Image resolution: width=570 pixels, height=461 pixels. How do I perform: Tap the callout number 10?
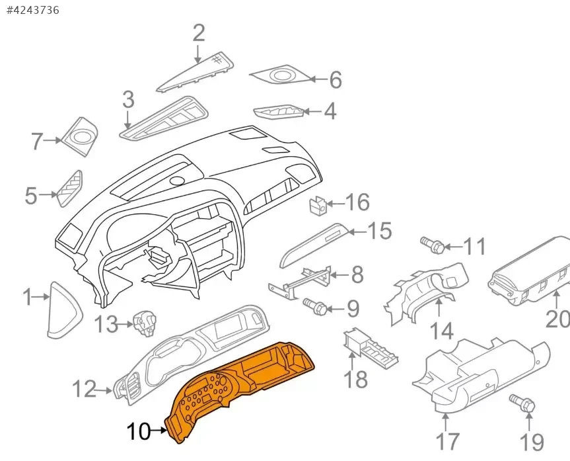coord(139,433)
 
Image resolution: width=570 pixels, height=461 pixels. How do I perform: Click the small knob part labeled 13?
coord(145,323)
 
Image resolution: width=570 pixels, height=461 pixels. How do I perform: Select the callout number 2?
coord(199,33)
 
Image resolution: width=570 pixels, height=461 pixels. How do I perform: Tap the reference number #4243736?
coord(32,10)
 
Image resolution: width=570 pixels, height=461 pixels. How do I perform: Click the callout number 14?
coord(442,329)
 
